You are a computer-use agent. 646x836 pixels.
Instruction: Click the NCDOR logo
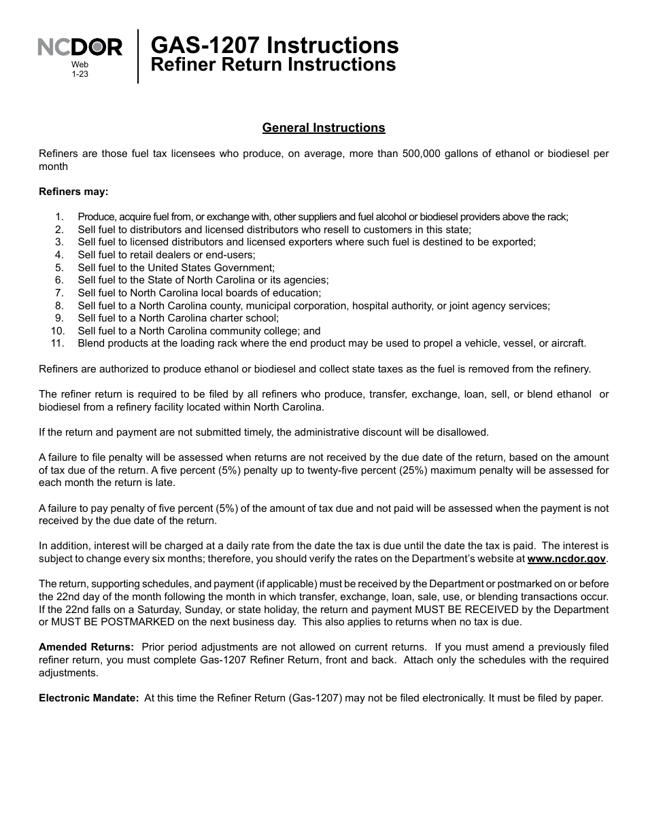click(x=80, y=47)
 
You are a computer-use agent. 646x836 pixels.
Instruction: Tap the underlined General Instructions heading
click(x=324, y=128)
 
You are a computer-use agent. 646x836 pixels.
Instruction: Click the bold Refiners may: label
click(x=73, y=192)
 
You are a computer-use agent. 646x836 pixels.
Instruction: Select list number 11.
click(x=57, y=343)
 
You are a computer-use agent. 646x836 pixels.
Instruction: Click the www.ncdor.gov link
click(x=566, y=559)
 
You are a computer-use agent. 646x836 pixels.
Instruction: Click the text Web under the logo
click(x=80, y=64)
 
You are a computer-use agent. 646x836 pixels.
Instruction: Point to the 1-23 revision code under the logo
click(x=80, y=73)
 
